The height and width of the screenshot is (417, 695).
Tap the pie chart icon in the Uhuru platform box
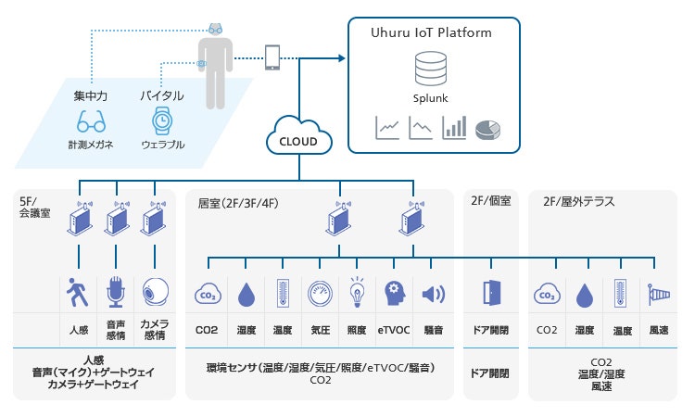point(488,129)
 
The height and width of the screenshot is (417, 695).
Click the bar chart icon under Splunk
point(454,128)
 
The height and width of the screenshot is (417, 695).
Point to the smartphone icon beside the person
point(273,57)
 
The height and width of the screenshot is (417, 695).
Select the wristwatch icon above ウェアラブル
point(161,120)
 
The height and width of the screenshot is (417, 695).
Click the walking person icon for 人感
point(77,293)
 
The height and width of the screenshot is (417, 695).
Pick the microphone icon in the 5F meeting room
point(116,293)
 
